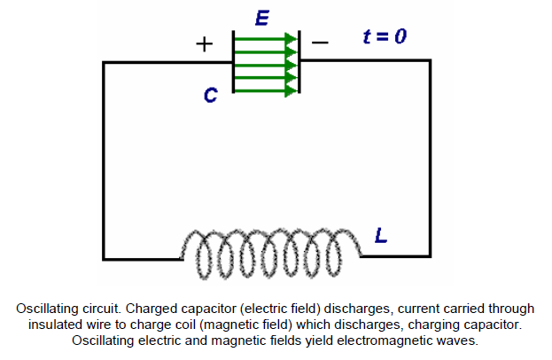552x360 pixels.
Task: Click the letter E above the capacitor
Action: tap(262, 17)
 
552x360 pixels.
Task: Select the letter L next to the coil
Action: tap(380, 237)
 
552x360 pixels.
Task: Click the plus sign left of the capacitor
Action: tap(204, 44)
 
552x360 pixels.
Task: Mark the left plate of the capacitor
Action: tap(233, 62)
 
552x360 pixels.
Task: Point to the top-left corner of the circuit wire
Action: tap(105, 62)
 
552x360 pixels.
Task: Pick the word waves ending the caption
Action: tap(455, 340)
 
